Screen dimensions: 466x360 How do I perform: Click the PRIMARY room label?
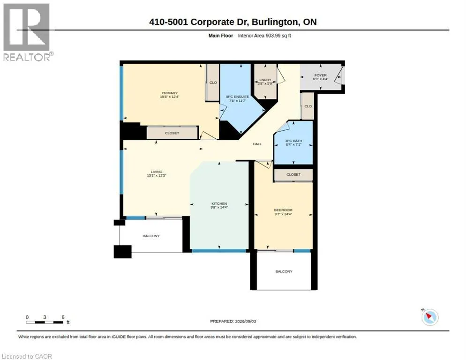click(x=169, y=93)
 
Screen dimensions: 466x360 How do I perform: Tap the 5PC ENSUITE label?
click(x=238, y=97)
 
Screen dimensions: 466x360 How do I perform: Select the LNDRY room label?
click(x=265, y=80)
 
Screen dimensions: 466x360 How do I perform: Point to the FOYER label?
click(x=320, y=75)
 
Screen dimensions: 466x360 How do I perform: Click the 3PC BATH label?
click(x=293, y=141)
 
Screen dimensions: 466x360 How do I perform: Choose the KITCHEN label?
click(x=219, y=203)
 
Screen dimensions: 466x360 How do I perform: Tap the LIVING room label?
click(x=156, y=172)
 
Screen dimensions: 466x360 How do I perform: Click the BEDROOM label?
click(x=283, y=210)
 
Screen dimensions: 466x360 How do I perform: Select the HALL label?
click(x=257, y=144)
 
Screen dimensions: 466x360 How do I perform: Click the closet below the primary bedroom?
click(x=172, y=133)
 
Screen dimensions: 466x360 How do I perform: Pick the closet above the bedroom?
click(x=293, y=175)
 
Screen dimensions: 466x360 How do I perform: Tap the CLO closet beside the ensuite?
click(x=213, y=82)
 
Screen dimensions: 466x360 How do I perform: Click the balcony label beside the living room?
click(x=151, y=236)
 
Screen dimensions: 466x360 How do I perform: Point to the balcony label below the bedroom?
click(x=284, y=271)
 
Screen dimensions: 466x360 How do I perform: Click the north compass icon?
click(x=430, y=317)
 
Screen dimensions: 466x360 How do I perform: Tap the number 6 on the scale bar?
click(x=63, y=317)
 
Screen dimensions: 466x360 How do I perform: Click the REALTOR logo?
click(x=27, y=32)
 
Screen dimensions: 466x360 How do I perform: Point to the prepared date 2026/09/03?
click(x=246, y=321)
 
